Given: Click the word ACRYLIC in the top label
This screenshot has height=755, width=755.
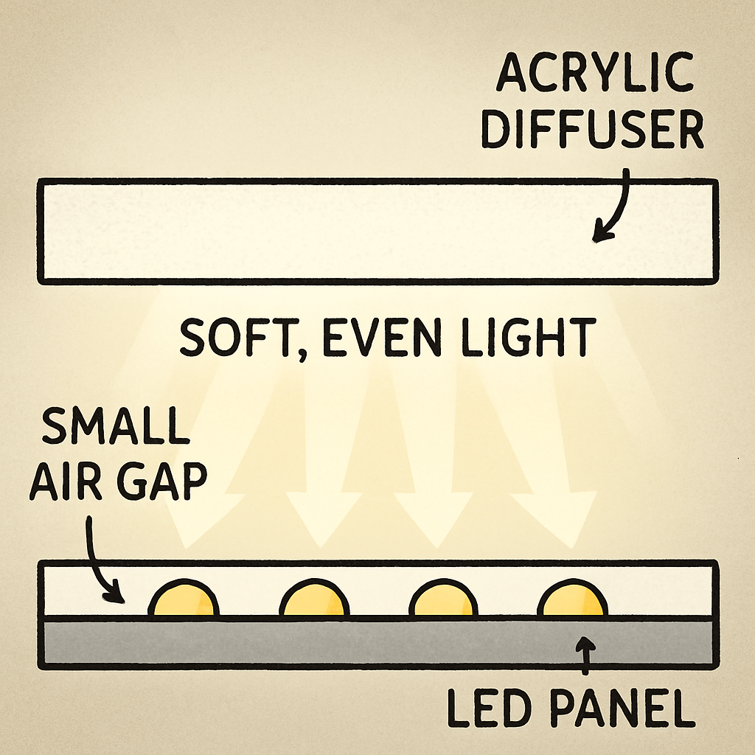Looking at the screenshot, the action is [x=595, y=73].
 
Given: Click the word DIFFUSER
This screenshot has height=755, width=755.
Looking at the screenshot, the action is [x=592, y=129].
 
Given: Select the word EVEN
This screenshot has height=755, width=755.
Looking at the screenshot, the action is [x=381, y=337].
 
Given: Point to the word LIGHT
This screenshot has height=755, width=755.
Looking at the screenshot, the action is [x=529, y=337].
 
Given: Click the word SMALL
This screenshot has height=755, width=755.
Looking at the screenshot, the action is [x=116, y=425].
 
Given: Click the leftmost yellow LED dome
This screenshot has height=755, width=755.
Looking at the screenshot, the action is [x=184, y=598].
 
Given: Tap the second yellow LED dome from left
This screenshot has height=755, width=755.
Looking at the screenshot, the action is [x=314, y=598].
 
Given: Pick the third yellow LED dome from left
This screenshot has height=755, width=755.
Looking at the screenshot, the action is [x=444, y=598].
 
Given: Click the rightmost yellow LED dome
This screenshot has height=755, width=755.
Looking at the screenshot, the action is [x=572, y=598].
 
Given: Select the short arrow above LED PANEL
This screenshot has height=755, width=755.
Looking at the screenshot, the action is [x=585, y=655].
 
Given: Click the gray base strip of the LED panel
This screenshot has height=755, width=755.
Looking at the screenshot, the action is [x=378, y=642].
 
